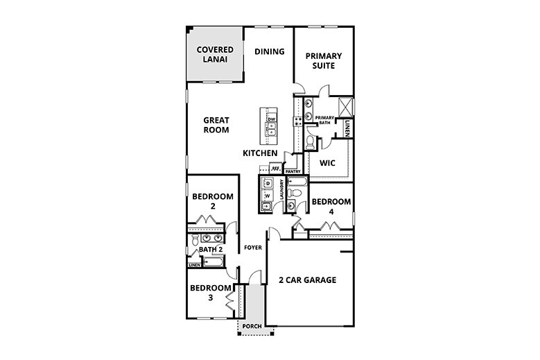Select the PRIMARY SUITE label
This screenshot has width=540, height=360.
coord(320,61)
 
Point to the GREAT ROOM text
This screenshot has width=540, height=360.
coord(216,125)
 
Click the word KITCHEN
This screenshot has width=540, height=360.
coord(260,153)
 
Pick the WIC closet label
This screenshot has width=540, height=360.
coord(327,164)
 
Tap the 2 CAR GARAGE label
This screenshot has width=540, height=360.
coord(307,280)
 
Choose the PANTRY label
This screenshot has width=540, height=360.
coord(292,171)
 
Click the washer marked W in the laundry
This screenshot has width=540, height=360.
coord(267,196)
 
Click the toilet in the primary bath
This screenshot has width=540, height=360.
coord(310,142)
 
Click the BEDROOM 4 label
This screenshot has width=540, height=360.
coord(331,206)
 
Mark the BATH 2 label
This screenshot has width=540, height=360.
coord(210,250)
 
